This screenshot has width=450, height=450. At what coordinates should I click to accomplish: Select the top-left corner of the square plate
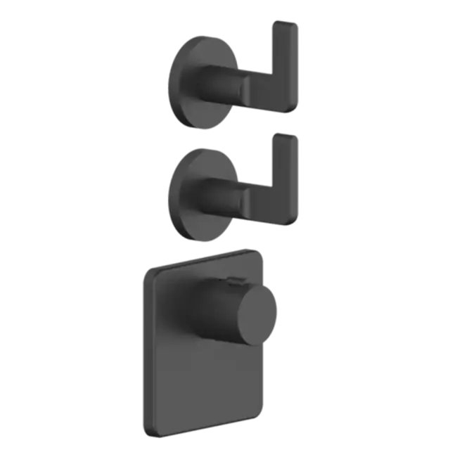(x=146, y=268)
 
